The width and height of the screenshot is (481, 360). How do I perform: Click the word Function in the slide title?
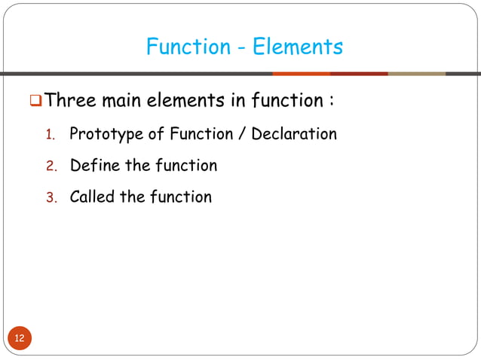pos(188,47)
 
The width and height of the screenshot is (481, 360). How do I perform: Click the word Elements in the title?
pos(298,47)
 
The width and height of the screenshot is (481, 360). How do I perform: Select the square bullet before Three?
pos(35,99)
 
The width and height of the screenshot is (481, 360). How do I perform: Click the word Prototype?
pos(102,135)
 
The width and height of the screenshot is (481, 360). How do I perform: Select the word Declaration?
pos(294,134)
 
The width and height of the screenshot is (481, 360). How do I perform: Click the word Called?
pos(93,197)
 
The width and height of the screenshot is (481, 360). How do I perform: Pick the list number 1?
pos(51,136)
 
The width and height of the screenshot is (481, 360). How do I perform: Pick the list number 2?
pos(51,166)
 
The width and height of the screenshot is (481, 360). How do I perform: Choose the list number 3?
pos(51,197)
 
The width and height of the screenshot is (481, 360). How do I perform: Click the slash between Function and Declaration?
pos(240,134)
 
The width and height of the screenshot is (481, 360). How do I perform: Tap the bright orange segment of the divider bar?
pos(301,74)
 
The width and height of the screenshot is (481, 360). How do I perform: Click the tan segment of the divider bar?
pos(416,74)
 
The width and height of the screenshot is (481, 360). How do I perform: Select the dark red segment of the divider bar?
pos(359,74)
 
